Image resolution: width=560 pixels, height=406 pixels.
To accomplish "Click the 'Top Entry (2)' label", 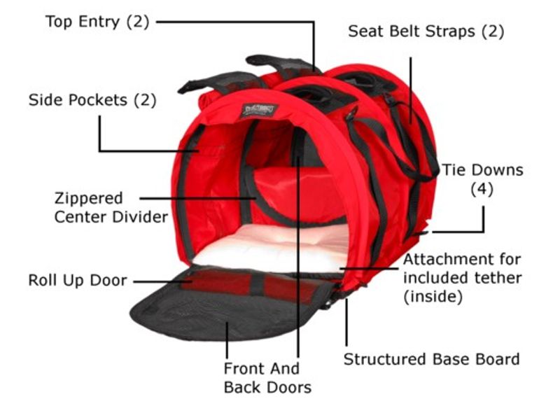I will tap(97, 21).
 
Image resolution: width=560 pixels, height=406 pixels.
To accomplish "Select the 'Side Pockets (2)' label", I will tap(92, 100).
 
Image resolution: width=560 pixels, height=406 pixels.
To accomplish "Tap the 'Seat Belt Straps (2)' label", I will tap(426, 31).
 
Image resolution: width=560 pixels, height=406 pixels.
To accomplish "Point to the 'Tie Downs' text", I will tap(482, 170).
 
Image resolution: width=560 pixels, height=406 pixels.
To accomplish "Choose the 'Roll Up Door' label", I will tap(78, 281).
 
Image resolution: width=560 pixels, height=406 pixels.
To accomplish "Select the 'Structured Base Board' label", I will tap(431, 359).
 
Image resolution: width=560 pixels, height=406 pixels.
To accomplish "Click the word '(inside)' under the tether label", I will tap(433, 297).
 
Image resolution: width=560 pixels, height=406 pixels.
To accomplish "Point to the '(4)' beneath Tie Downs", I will tap(482, 189).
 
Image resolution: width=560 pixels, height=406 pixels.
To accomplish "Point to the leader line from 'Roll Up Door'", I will tap(161, 281).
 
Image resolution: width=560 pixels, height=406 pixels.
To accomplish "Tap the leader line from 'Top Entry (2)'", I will tap(231, 21).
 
